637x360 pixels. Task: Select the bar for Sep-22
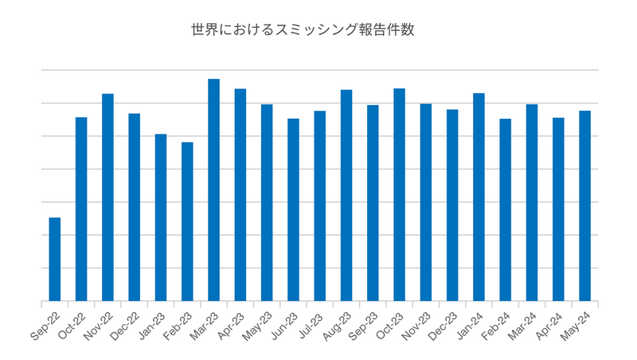pos(55,260)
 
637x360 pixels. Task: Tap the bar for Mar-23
pos(213,190)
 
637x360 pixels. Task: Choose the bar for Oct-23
pos(399,195)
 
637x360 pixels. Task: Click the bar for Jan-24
pos(479,198)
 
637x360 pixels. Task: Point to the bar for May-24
pos(584,206)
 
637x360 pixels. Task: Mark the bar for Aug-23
pos(346,196)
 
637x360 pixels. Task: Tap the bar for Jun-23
pos(293,210)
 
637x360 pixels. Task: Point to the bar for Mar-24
pos(532,203)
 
